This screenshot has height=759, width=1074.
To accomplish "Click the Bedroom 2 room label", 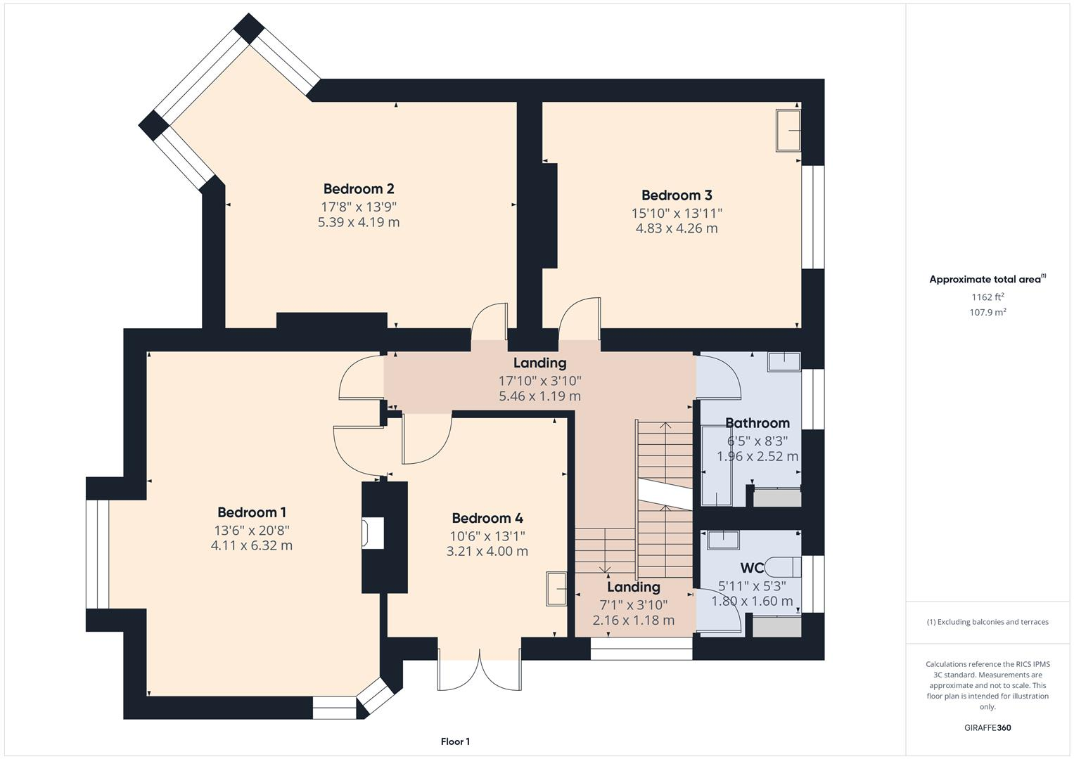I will [359, 188].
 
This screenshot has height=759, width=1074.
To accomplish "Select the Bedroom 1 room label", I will [252, 512].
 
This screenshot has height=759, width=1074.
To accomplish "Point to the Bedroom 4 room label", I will [487, 518].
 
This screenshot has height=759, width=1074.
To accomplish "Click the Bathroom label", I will [757, 423].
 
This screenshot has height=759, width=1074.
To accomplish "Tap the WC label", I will [752, 568].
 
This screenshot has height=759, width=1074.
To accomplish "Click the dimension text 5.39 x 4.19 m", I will [359, 222].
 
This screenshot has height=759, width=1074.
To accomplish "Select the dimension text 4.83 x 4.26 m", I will [677, 228].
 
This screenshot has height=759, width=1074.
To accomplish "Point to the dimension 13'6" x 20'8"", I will [252, 530].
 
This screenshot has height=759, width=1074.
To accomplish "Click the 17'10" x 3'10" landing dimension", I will [539, 381].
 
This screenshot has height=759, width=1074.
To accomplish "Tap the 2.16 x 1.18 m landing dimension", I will [633, 620].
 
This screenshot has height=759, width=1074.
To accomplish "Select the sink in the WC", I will [723, 540].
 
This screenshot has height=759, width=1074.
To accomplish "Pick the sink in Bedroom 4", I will [557, 588].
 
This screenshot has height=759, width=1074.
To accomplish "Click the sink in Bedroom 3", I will [788, 130].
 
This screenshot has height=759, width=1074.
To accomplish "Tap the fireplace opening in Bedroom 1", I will [373, 533].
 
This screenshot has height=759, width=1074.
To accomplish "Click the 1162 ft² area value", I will [987, 297].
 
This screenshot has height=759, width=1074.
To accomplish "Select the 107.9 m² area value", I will [987, 313].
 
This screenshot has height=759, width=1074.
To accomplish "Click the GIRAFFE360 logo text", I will [987, 727].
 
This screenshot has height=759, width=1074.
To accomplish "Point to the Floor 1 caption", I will [455, 741].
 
